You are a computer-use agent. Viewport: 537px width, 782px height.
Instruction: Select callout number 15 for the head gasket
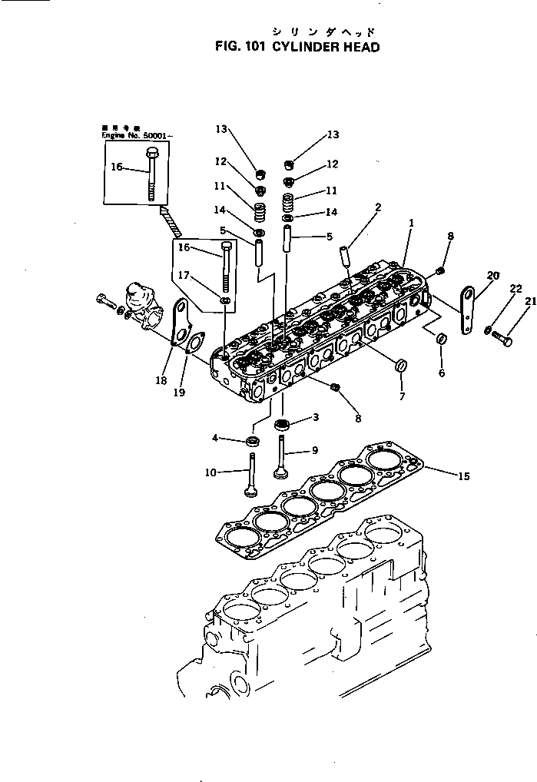463,476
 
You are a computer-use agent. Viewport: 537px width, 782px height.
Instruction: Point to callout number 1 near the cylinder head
412,224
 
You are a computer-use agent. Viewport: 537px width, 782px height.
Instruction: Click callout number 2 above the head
378,207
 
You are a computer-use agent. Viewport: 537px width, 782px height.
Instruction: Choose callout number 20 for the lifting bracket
492,276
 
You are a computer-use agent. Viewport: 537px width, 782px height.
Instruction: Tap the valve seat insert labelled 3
281,424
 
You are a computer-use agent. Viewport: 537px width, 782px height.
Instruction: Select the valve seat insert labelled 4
252,441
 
